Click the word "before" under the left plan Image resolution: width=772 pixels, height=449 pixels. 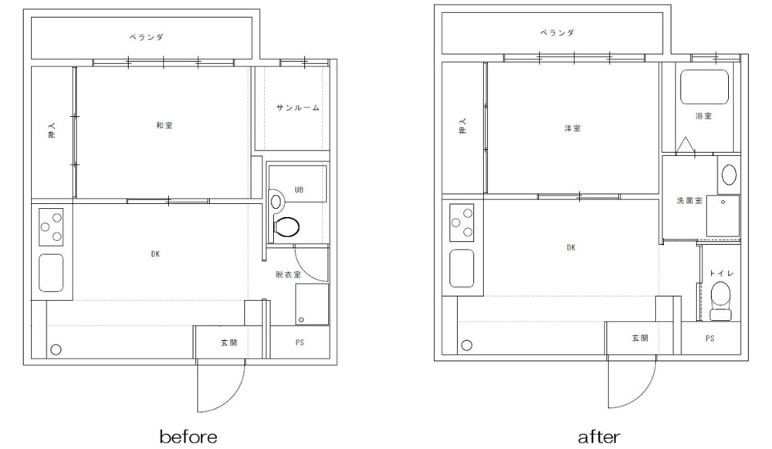pyautogui.click(x=188, y=437)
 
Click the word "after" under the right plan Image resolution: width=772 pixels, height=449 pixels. pyautogui.click(x=599, y=437)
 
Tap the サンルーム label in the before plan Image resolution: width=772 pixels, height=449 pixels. pyautogui.click(x=297, y=107)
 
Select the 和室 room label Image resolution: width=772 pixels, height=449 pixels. pyautogui.click(x=164, y=125)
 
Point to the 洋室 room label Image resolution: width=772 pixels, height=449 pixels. pyautogui.click(x=572, y=128)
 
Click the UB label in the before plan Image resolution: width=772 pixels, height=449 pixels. pyautogui.click(x=299, y=190)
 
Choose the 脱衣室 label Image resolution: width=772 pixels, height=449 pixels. pyautogui.click(x=288, y=274)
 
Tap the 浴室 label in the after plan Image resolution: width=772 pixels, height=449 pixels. pyautogui.click(x=703, y=116)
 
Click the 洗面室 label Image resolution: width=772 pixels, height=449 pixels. pyautogui.click(x=689, y=201)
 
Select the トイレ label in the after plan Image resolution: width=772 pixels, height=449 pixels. pyautogui.click(x=721, y=273)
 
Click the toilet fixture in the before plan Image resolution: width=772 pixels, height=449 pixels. pyautogui.click(x=286, y=228)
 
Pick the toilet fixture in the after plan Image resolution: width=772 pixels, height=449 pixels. pyautogui.click(x=721, y=301)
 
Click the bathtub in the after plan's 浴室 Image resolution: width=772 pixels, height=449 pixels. pyautogui.click(x=704, y=87)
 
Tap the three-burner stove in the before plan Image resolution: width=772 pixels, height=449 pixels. pyautogui.click(x=51, y=226)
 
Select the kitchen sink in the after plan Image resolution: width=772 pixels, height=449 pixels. pyautogui.click(x=462, y=268)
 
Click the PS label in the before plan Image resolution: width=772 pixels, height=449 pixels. pyautogui.click(x=300, y=342)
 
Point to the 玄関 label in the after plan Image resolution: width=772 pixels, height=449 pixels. pyautogui.click(x=639, y=338)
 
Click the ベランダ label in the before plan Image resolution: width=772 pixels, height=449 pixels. pyautogui.click(x=146, y=37)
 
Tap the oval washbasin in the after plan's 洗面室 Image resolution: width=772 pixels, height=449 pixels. pyautogui.click(x=729, y=175)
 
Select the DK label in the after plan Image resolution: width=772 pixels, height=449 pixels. pyautogui.click(x=571, y=247)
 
